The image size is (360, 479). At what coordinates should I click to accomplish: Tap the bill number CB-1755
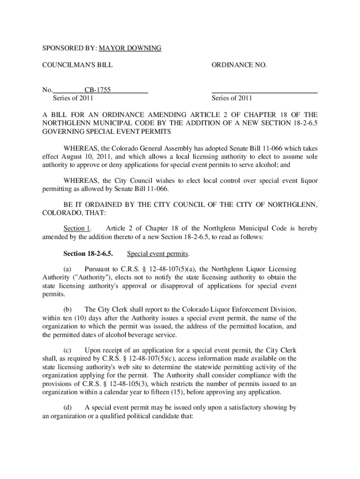coord(97,90)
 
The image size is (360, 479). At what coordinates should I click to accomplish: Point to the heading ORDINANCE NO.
coord(239,65)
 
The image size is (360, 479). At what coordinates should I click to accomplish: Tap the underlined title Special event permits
coord(158,254)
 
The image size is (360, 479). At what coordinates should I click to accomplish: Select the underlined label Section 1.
coord(77,228)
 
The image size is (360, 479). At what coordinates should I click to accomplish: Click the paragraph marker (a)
coord(68,269)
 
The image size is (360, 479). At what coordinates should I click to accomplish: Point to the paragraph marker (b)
coord(68,310)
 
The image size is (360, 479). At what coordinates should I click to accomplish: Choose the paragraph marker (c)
coord(68,350)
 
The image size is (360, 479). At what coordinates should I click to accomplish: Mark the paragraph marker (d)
coord(68,407)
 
